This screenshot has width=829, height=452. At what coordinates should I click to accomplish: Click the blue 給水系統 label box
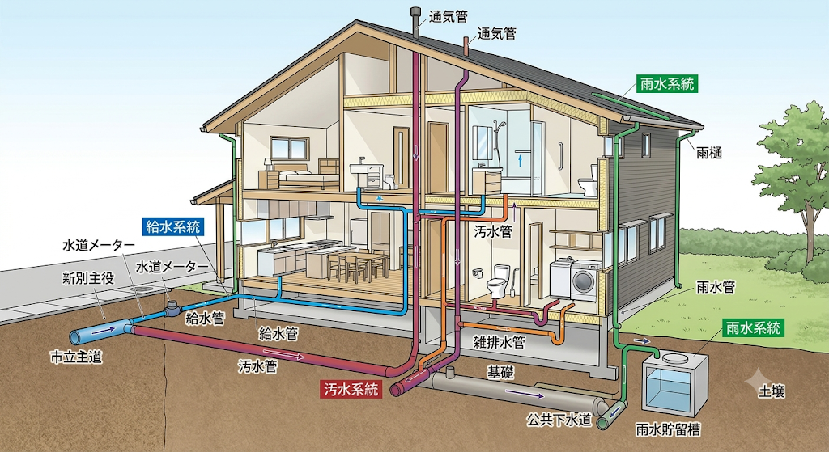[x=173, y=226]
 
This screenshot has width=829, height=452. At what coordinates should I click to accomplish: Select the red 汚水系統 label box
[x=351, y=390]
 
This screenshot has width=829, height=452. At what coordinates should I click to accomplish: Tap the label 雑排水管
[x=499, y=342]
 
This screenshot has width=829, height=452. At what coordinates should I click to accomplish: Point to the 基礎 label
[x=500, y=373]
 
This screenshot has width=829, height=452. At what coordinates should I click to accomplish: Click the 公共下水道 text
[x=559, y=420]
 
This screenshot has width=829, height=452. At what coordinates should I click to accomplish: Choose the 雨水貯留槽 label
[x=668, y=429]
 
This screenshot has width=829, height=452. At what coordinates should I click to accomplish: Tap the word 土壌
[x=771, y=391]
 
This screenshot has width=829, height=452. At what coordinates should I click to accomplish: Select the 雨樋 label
[x=709, y=153]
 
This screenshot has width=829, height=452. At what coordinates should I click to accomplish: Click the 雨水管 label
[x=716, y=287]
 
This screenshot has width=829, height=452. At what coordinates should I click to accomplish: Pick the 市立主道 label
[x=76, y=357]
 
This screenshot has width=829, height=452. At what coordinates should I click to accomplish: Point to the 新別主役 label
[x=88, y=278]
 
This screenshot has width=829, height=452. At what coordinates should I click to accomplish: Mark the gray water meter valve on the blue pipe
[x=172, y=308]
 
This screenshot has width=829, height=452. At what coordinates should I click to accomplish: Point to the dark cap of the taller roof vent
[x=415, y=11]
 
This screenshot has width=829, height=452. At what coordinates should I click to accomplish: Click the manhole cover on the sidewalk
[x=140, y=289]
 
